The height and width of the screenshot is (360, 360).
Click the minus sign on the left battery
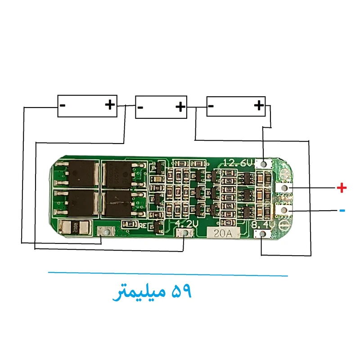click(x=63, y=106)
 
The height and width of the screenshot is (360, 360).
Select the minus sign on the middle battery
click(x=140, y=108)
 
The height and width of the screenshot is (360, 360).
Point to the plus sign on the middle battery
click(x=180, y=107)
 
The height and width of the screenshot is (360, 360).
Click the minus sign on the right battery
click(x=211, y=107)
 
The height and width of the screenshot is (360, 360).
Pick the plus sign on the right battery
click(x=259, y=106)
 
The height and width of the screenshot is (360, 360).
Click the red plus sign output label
click(x=342, y=188)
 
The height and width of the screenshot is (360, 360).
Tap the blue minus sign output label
click(x=342, y=210)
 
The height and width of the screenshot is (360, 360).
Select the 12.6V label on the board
click(x=238, y=163)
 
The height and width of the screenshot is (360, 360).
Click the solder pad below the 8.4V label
click(x=261, y=234)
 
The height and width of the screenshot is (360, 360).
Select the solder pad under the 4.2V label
click(x=185, y=233)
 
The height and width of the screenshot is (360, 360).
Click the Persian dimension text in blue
click(x=152, y=293)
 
